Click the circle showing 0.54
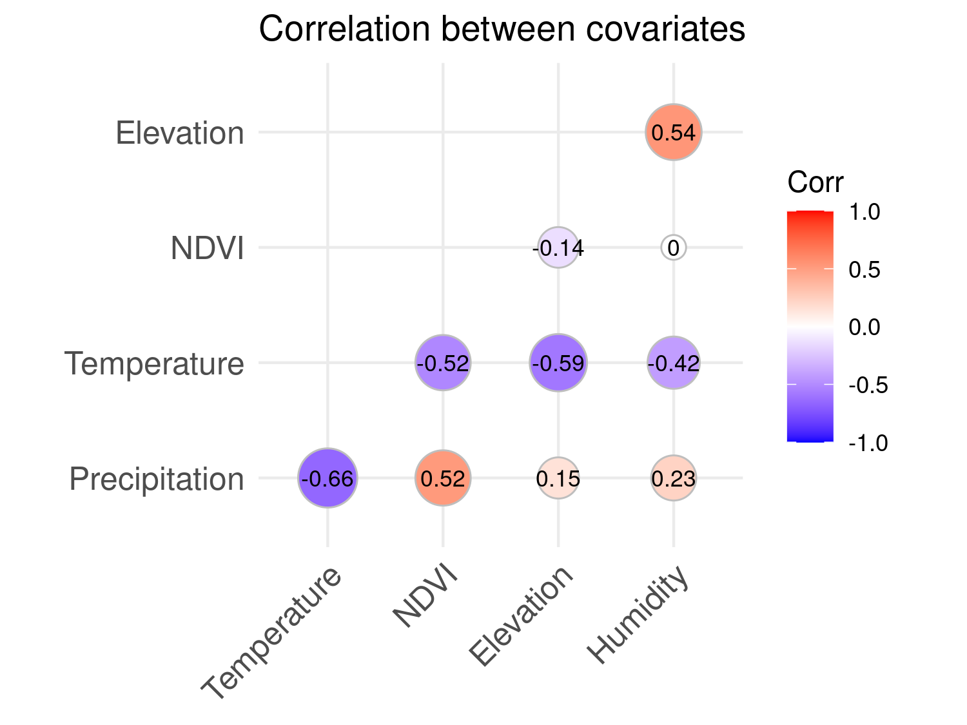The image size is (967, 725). pyautogui.click(x=674, y=133)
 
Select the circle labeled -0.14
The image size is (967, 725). pyautogui.click(x=558, y=247)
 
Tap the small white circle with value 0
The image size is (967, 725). pyautogui.click(x=674, y=248)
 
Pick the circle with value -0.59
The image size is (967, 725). pyautogui.click(x=558, y=363)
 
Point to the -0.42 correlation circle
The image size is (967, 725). pyautogui.click(x=674, y=363)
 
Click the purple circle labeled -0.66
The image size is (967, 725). pyautogui.click(x=327, y=478)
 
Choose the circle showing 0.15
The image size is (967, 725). pyautogui.click(x=558, y=478)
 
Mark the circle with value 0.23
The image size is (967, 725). pyautogui.click(x=674, y=478)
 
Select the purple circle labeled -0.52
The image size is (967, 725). pyautogui.click(x=443, y=363)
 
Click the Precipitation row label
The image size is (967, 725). pyautogui.click(x=157, y=479)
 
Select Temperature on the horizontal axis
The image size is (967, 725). pyautogui.click(x=271, y=635)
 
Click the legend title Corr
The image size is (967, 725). pyautogui.click(x=815, y=183)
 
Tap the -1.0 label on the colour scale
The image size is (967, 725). pyautogui.click(x=868, y=443)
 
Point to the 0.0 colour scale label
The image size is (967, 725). pyautogui.click(x=865, y=327)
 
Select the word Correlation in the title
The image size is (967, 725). pyautogui.click(x=345, y=30)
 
